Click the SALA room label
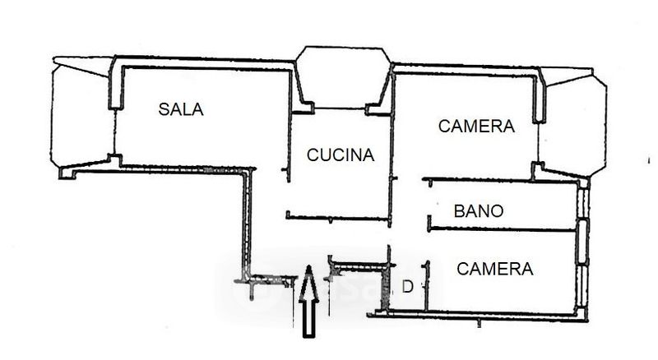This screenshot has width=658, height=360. coord(181,109)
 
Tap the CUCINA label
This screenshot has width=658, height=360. coord(341,155)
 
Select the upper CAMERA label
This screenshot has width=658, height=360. coord(476,127)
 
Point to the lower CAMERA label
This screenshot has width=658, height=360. coord(495,269)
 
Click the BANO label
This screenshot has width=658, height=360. coord(479,211)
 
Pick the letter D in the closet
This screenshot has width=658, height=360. coord(407,287)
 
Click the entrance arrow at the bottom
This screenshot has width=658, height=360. coord(309,301)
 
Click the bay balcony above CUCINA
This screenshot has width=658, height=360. coord(343,77)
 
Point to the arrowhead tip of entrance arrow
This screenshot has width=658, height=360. coord(309,265)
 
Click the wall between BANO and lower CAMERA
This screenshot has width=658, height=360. coord(502,229)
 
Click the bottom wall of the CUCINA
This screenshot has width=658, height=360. coord(338,218)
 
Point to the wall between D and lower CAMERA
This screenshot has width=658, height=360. coord(427,286)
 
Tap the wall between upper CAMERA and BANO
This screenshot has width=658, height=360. coord(501,181)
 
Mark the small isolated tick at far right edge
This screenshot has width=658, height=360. coord(649,160)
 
